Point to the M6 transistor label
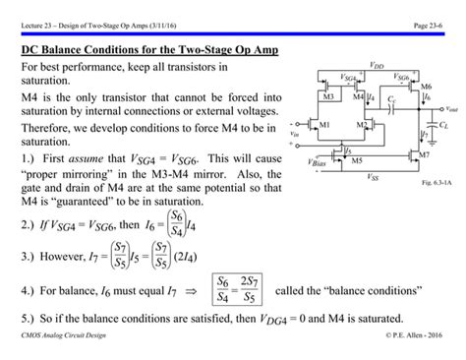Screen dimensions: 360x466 pos(426,88)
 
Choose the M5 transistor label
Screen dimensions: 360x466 pos(357,160)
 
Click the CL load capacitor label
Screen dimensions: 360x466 pos(444,127)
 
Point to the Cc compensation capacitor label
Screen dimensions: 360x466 pos(390,100)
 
